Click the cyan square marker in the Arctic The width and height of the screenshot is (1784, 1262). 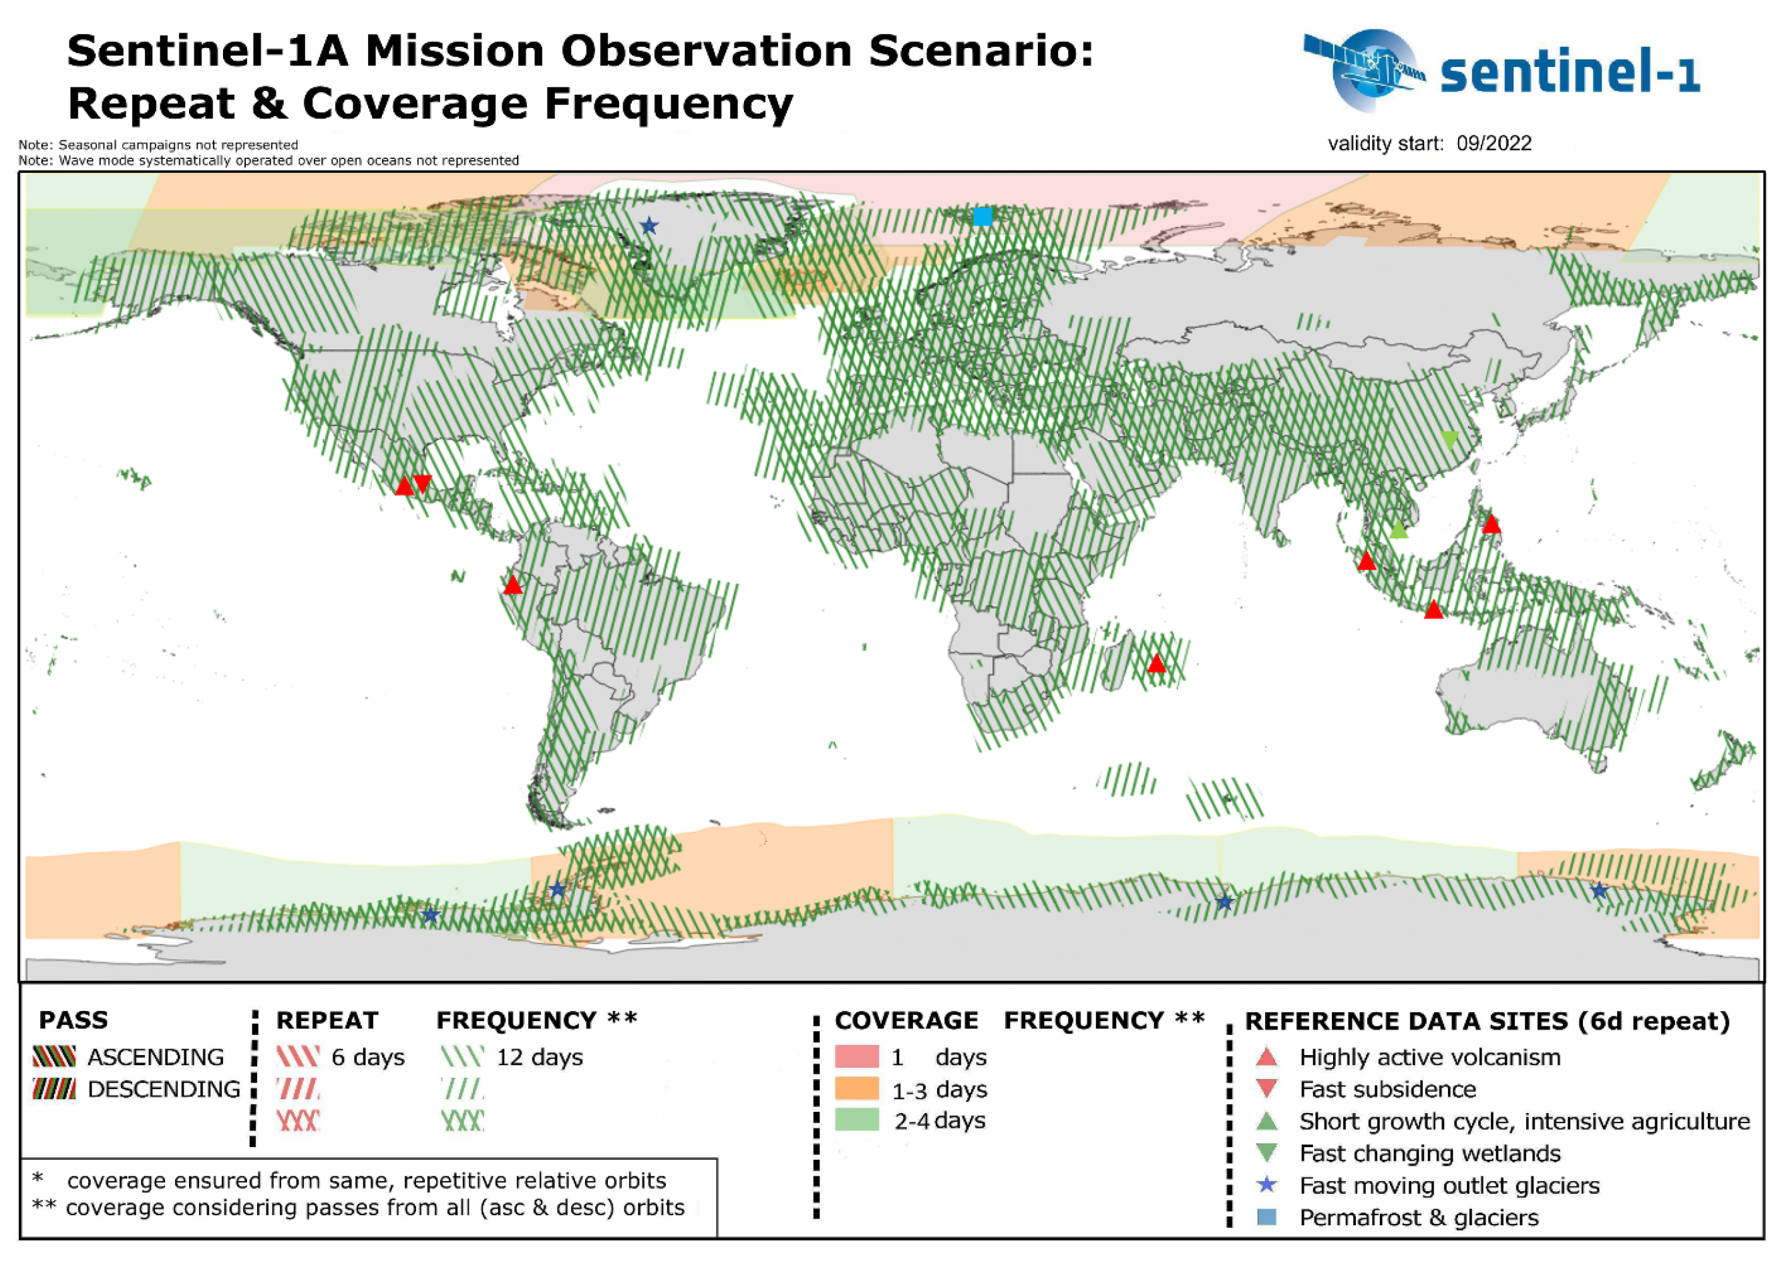(983, 216)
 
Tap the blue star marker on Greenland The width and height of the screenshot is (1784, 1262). (649, 226)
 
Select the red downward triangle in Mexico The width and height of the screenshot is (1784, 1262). (422, 483)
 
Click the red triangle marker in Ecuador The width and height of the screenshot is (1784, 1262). (513, 585)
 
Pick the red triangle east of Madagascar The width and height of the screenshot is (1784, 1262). (1157, 664)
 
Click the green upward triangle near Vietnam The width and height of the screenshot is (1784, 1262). (1399, 530)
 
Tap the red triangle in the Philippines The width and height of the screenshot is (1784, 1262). (1491, 523)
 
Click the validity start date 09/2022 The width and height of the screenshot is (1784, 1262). (1493, 144)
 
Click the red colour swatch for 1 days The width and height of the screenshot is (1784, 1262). (857, 1057)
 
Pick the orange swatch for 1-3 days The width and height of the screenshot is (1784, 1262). (857, 1088)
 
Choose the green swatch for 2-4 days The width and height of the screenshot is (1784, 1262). (857, 1120)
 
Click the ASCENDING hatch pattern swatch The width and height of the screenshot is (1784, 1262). (54, 1057)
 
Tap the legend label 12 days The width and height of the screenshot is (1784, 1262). (540, 1058)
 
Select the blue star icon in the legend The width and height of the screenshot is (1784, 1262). (1267, 1185)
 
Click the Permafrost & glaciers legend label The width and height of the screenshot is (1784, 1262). (1419, 1218)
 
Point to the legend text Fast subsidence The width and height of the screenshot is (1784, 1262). (1387, 1090)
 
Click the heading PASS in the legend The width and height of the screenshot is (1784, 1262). (74, 1020)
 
